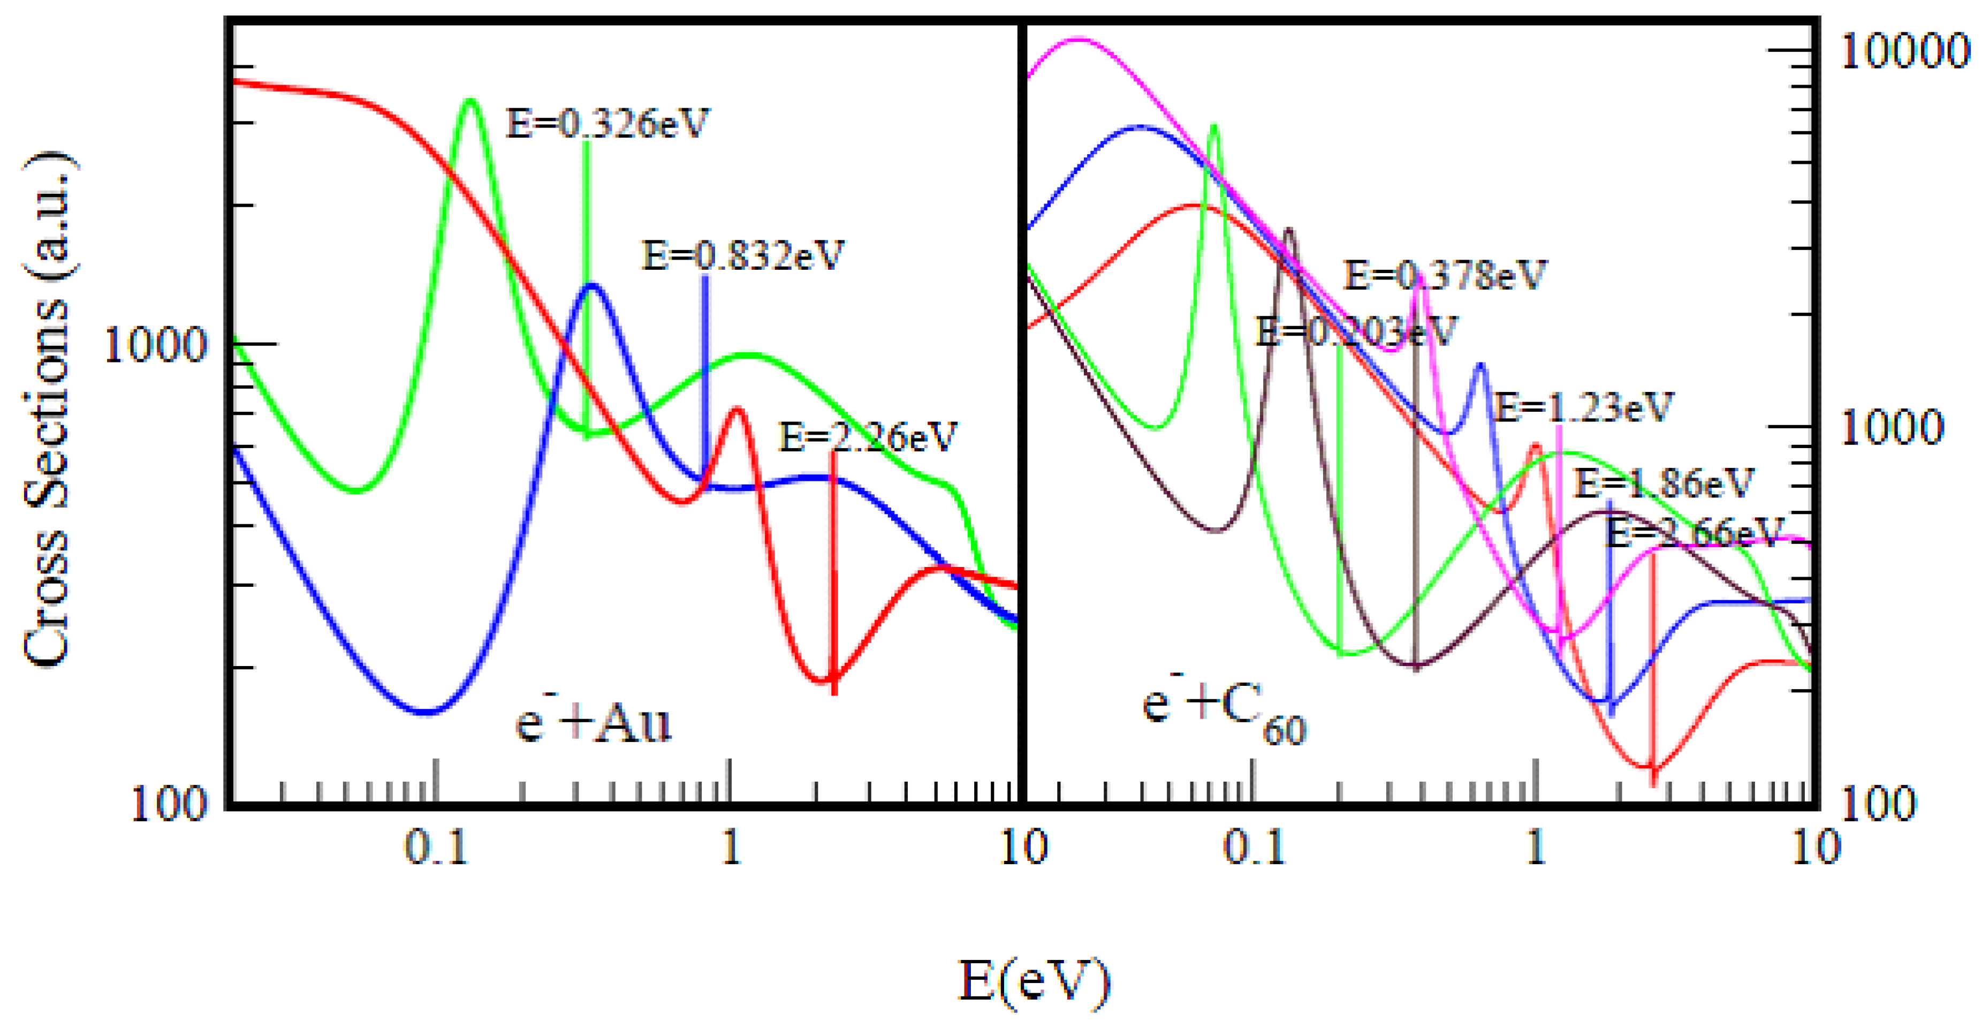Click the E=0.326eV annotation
click(x=607, y=123)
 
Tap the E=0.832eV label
click(x=742, y=255)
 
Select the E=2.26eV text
click(x=868, y=437)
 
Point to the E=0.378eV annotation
click(x=1444, y=275)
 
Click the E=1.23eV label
click(x=1583, y=406)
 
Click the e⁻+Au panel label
click(x=593, y=722)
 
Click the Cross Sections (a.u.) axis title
click(x=48, y=409)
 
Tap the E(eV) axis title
click(x=1034, y=980)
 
